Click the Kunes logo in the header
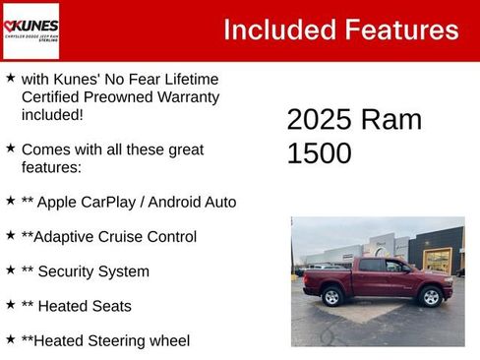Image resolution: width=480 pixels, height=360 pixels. pyautogui.click(x=30, y=30)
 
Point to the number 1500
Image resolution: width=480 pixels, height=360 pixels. pyautogui.click(x=319, y=153)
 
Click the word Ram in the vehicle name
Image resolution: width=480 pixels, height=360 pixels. pyautogui.click(x=390, y=119)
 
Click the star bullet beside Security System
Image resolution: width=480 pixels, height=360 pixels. pyautogui.click(x=10, y=269)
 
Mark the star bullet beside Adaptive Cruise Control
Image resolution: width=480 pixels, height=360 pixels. pyautogui.click(x=10, y=234)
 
